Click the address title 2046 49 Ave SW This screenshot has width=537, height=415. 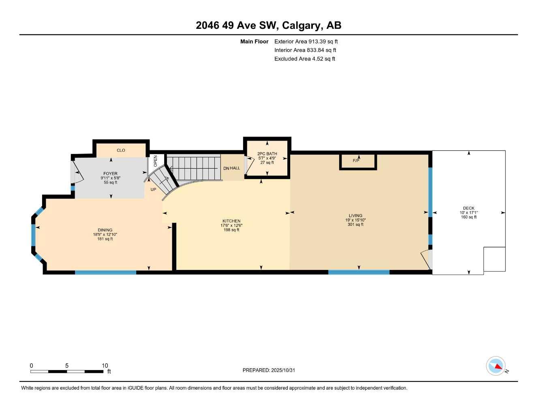coord(268,25)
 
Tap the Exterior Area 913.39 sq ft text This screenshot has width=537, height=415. coord(306,41)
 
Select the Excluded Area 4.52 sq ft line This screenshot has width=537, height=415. coord(304,59)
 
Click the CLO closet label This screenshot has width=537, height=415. coord(121,150)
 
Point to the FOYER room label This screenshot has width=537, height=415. coord(110,173)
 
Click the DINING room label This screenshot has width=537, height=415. coord(105,230)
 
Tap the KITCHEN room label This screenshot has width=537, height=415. coord(231,221)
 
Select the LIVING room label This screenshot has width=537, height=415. coord(355,216)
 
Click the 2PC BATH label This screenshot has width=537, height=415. coord(267,154)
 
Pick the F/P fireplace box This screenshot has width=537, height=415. coord(357,161)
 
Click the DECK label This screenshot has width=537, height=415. coord(469,208)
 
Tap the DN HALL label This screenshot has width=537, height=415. coord(231,168)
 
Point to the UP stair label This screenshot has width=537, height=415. coord(153,189)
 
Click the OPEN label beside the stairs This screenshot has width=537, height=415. coord(156,161)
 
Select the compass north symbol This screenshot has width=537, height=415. coord(496,366)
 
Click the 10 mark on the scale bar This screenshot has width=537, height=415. coord(105,366)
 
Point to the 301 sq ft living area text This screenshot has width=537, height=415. coord(355,225)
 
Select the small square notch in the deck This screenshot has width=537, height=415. coord(494,259)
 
